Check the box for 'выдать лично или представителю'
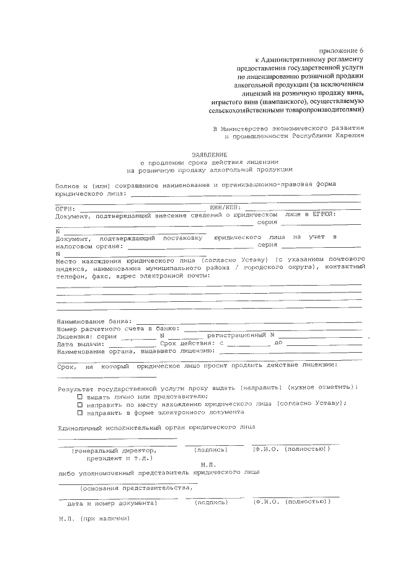pyautogui.click(x=79, y=396)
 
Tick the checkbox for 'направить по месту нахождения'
pyautogui.click(x=79, y=404)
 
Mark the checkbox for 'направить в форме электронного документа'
pyautogui.click(x=79, y=412)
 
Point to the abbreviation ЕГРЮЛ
pyautogui.click(x=321, y=215)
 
